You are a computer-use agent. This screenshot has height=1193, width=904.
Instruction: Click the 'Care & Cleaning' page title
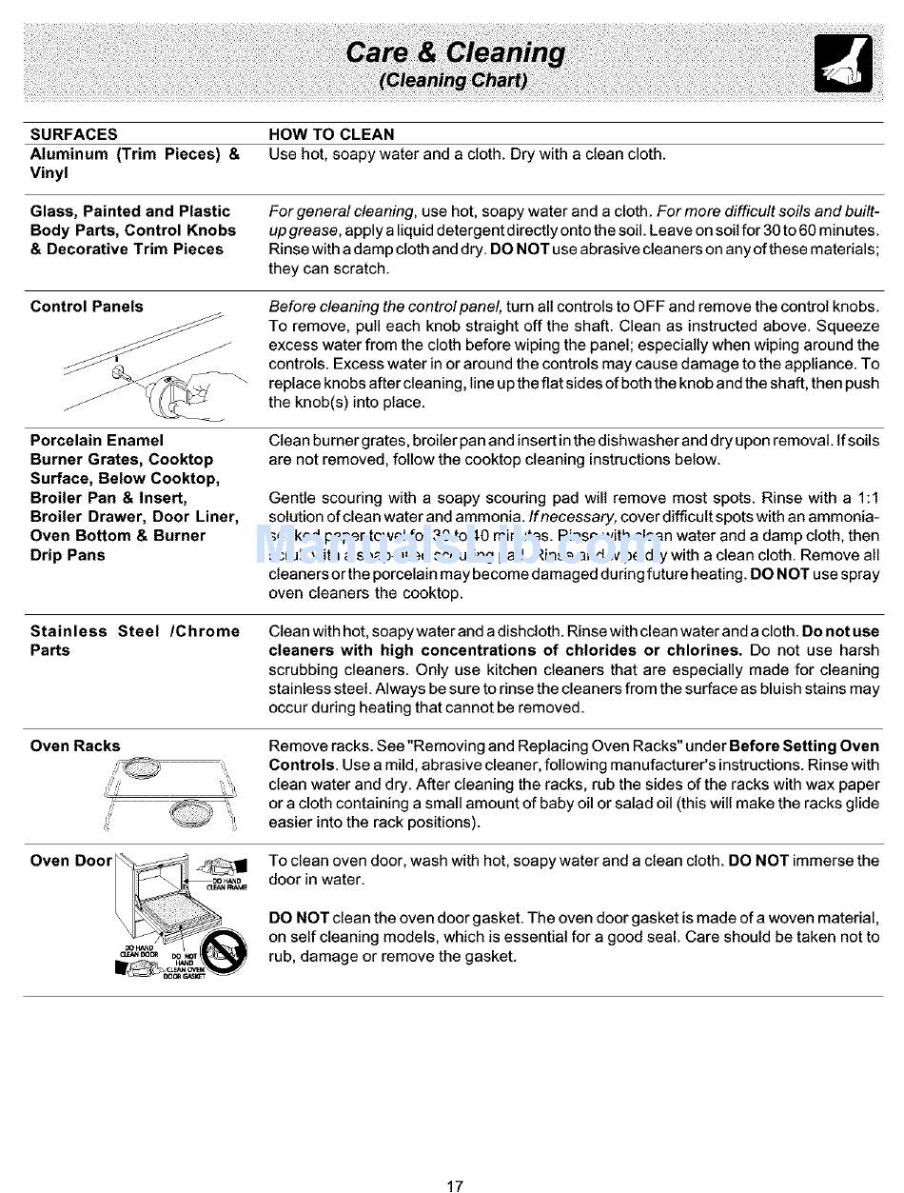point(455,52)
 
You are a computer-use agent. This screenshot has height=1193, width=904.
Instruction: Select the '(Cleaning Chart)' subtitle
point(453,80)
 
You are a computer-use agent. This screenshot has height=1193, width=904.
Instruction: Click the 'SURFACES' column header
point(74,134)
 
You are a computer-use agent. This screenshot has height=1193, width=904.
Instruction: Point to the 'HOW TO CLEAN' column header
point(331,134)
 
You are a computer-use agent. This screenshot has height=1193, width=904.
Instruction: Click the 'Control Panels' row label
point(87,307)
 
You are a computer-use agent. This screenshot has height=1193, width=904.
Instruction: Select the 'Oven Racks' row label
point(75,746)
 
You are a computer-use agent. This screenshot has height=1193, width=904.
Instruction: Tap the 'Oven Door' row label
point(71,861)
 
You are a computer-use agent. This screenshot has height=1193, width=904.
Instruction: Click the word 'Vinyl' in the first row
point(49,173)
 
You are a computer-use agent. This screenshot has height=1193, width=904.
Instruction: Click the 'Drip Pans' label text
point(68,555)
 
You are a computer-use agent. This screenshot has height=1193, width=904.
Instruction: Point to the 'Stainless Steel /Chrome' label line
point(135,631)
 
